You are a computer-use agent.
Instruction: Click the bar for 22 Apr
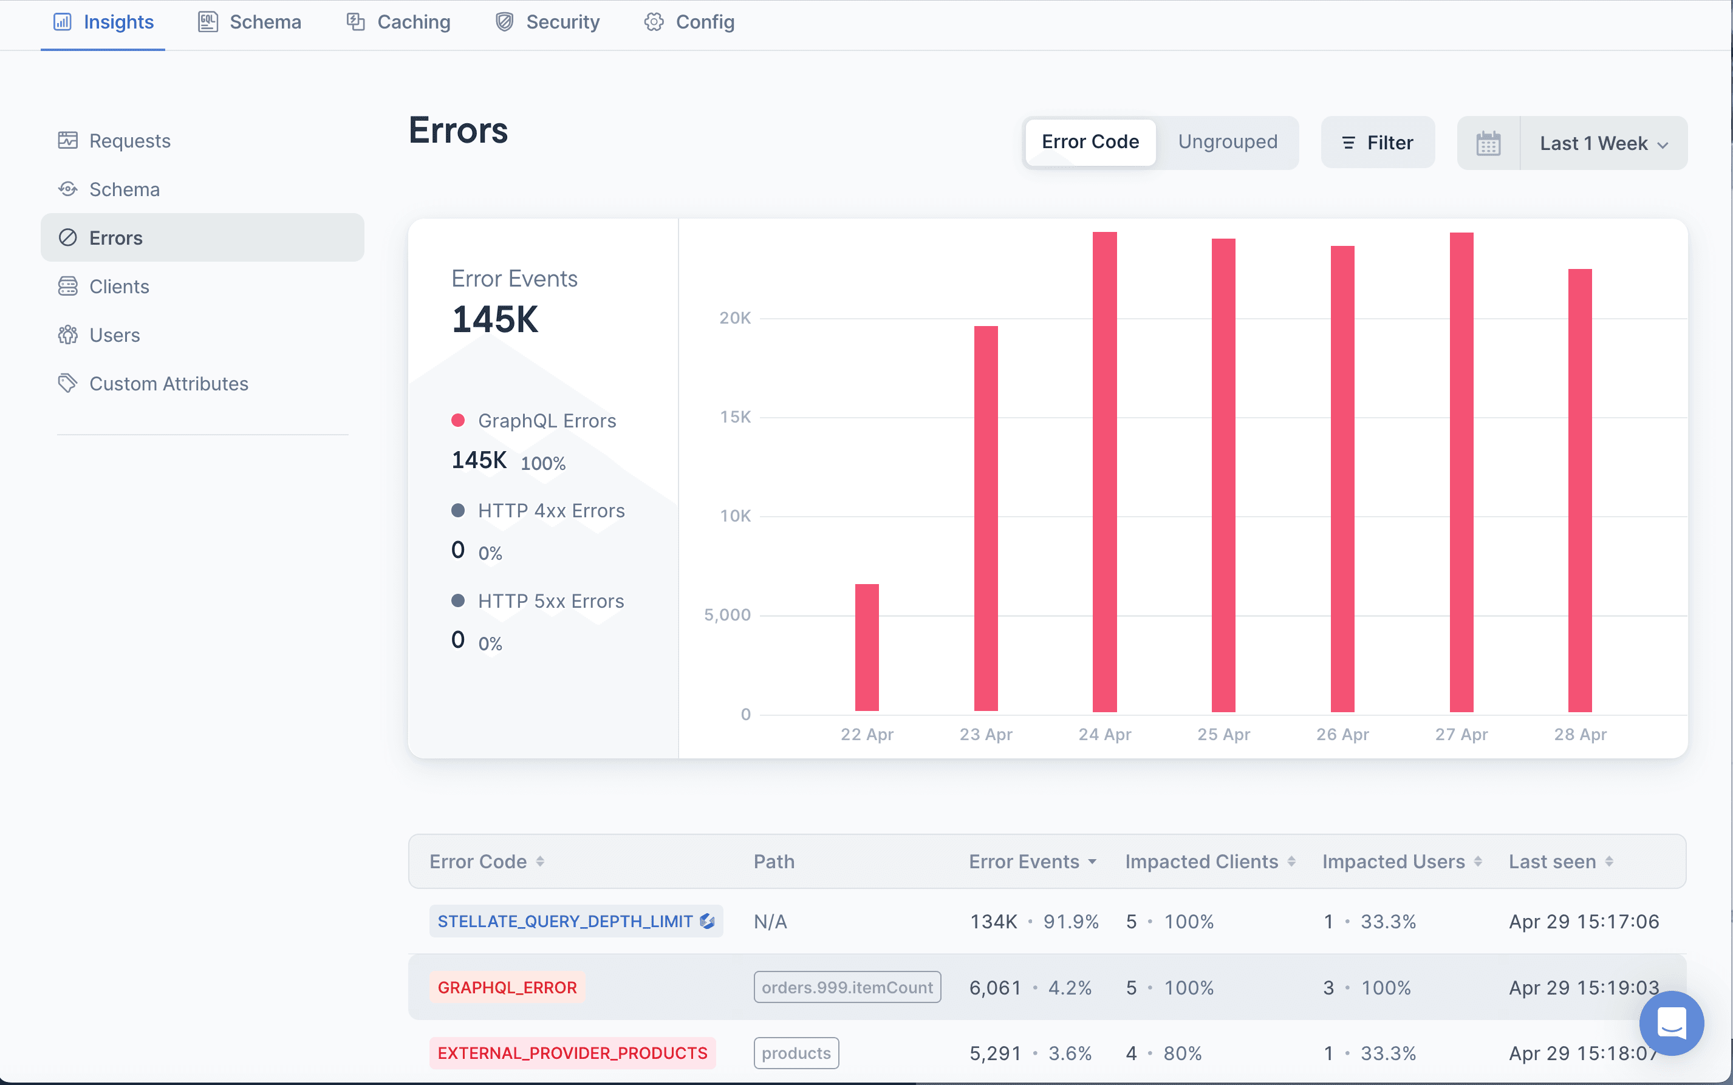point(866,647)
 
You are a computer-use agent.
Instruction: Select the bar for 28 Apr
point(1579,490)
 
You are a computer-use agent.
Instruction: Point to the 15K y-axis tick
point(735,417)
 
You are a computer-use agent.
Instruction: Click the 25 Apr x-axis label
point(1223,734)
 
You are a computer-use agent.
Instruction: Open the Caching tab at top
point(399,22)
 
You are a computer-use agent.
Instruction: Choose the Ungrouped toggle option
point(1228,142)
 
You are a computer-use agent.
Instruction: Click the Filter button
point(1378,143)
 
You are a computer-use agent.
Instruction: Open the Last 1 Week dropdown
point(1603,143)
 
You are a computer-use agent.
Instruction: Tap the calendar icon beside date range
point(1488,143)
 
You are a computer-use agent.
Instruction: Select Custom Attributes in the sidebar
point(169,384)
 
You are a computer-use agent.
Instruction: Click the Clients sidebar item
point(119,287)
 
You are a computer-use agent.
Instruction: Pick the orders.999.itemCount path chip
point(847,987)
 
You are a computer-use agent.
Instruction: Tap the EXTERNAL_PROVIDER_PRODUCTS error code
point(572,1053)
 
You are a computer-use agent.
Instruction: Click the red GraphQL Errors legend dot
point(458,421)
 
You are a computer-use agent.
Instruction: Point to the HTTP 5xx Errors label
point(550,601)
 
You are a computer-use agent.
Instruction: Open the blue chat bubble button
point(1671,1022)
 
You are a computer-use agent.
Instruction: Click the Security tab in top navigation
point(549,22)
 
